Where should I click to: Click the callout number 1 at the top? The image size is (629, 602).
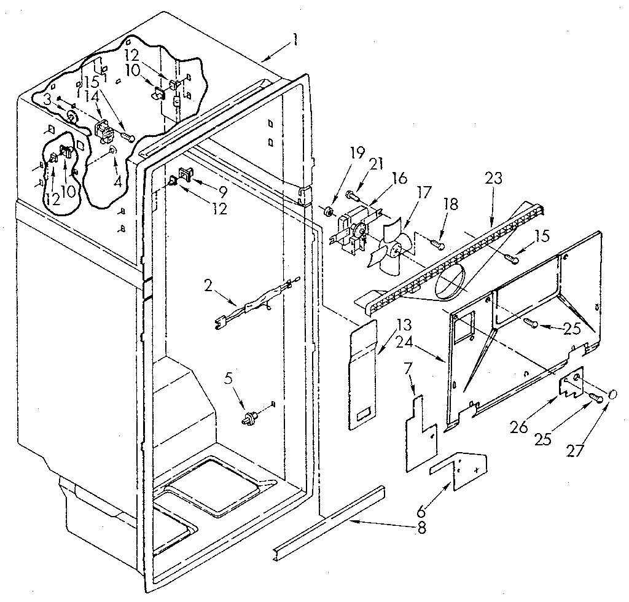(x=295, y=41)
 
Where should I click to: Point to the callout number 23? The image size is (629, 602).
(x=493, y=179)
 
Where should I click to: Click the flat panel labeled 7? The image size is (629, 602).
(x=421, y=433)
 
